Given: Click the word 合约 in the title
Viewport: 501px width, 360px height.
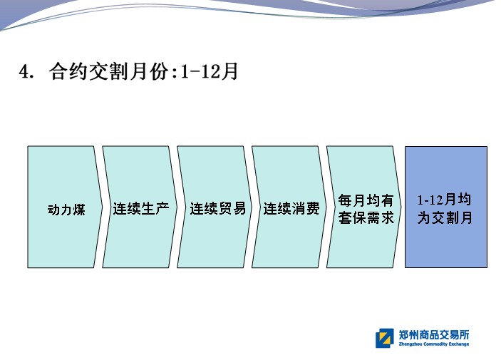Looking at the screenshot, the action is click(68, 71).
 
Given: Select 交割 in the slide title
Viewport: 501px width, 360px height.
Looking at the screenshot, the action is click(108, 71).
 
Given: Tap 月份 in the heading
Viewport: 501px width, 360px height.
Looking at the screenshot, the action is click(149, 71).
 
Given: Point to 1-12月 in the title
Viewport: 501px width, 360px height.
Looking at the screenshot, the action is click(210, 71).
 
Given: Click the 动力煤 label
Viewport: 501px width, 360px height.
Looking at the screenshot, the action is click(66, 210).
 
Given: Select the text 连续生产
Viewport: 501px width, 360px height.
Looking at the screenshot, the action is click(141, 208).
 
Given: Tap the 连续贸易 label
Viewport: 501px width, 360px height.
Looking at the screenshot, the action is click(218, 208).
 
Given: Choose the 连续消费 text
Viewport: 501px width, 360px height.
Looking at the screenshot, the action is click(291, 208).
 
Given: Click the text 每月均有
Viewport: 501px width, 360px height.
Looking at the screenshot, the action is click(366, 200).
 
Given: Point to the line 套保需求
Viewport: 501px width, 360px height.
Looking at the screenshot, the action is click(366, 218).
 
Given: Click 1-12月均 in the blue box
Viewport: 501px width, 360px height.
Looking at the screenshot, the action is click(445, 200).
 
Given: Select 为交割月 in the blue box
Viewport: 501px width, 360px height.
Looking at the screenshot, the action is click(445, 218).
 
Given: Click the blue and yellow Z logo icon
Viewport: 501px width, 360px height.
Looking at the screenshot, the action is click(385, 339).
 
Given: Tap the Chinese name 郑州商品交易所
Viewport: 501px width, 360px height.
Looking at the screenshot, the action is click(434, 335).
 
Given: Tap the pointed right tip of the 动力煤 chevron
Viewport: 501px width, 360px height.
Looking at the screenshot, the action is click(102, 207).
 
